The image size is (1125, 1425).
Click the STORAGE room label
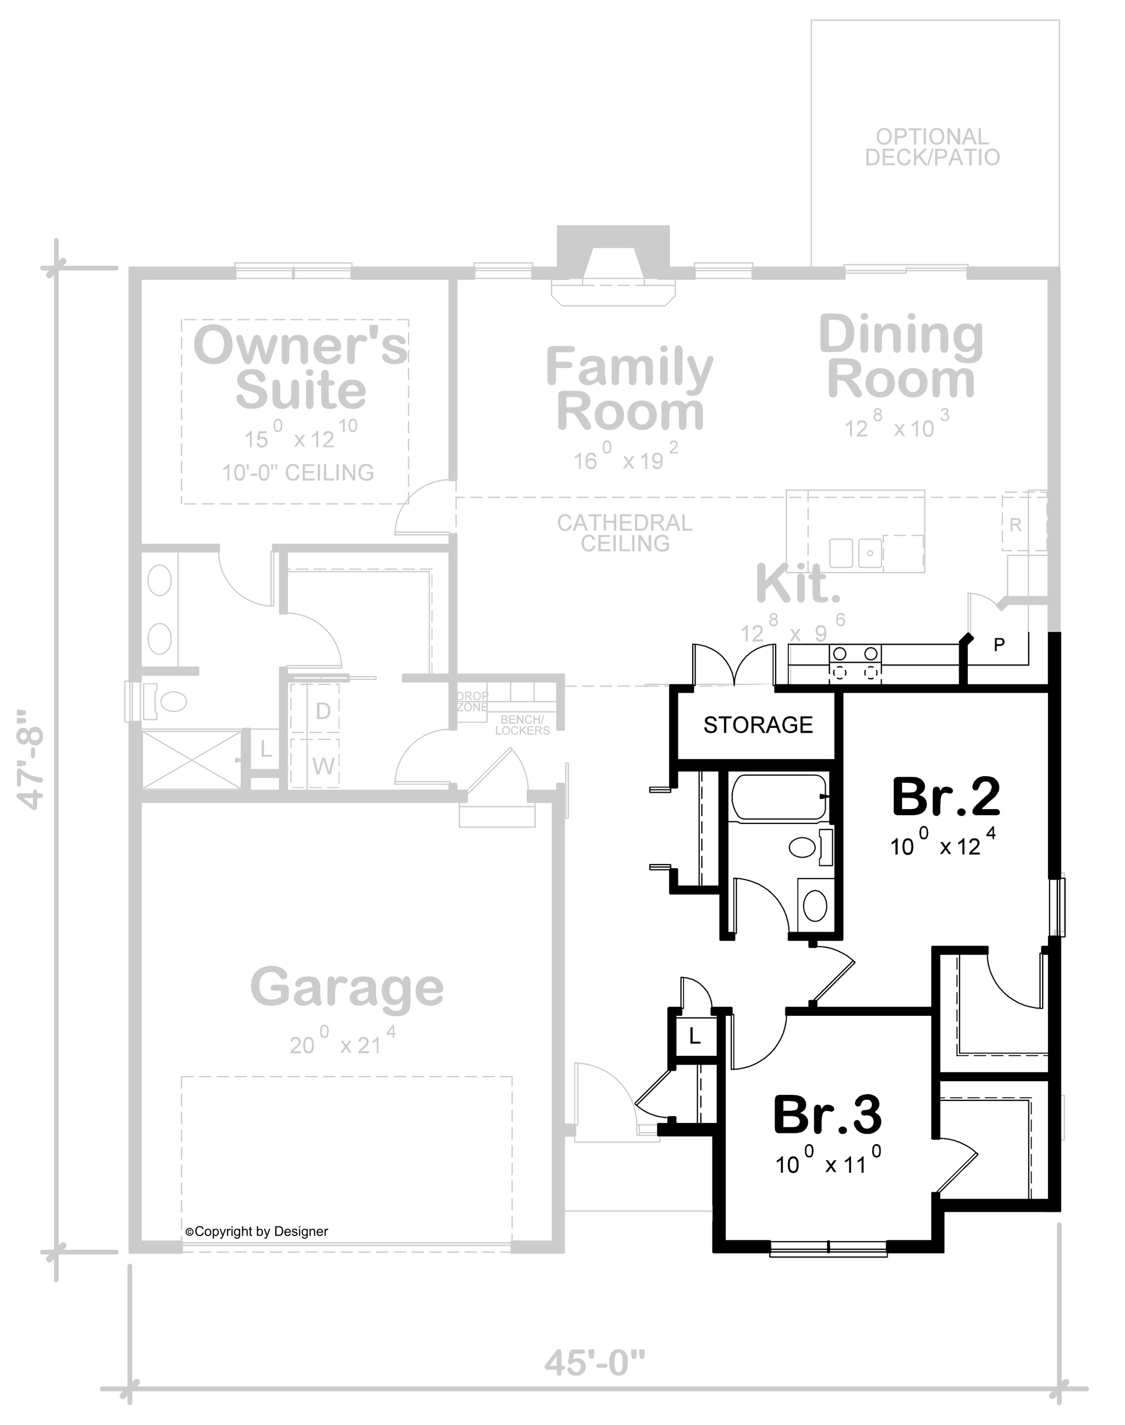coord(758,725)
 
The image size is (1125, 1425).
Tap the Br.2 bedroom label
coord(946,797)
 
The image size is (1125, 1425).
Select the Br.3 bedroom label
coord(827,1115)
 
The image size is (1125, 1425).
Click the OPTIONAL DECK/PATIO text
coord(932,147)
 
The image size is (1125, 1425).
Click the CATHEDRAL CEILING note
coord(625,533)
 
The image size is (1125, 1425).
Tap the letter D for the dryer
coord(323,711)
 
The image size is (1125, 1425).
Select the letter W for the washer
coord(324,766)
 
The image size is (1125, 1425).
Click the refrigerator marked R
coord(1015,525)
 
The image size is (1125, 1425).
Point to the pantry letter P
coord(999,645)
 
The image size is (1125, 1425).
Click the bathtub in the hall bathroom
coord(779,797)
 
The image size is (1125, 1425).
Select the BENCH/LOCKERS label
coord(522,725)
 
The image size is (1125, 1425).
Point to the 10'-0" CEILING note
coord(298,472)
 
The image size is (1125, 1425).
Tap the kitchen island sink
coord(856,552)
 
